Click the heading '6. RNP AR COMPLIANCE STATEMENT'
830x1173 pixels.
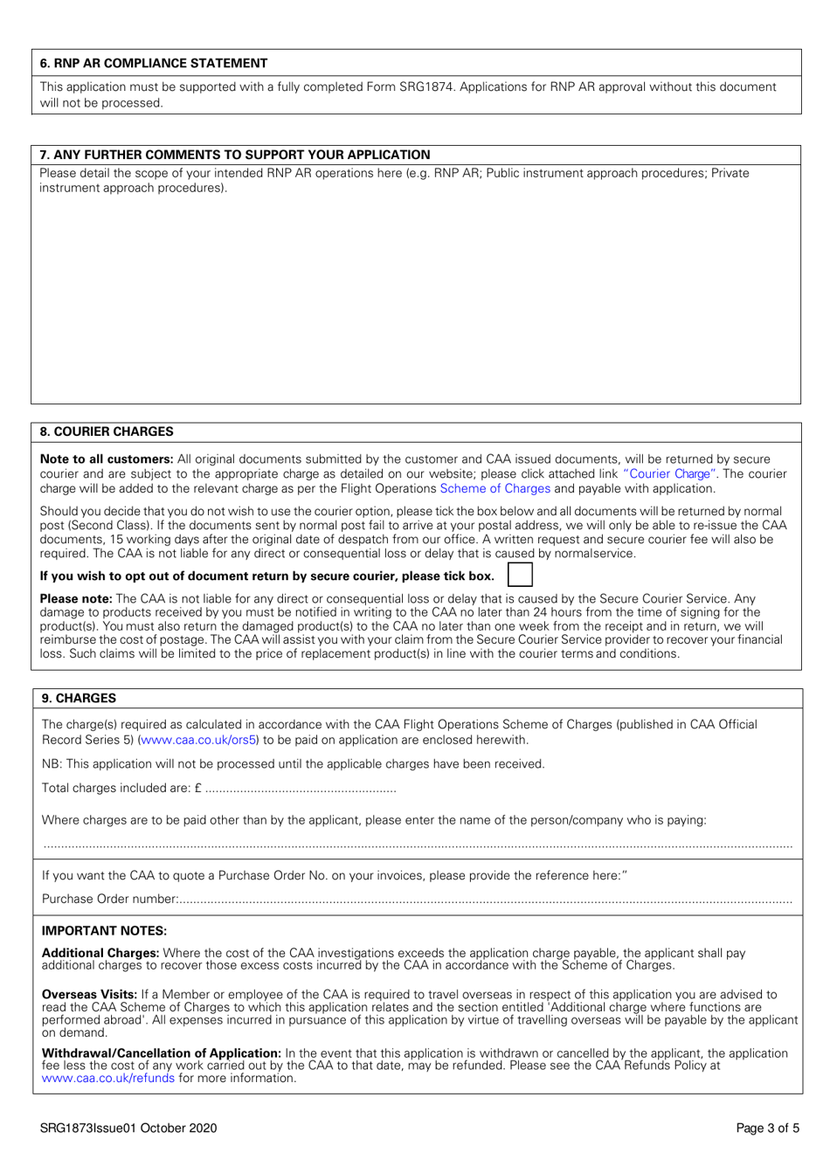tap(154, 63)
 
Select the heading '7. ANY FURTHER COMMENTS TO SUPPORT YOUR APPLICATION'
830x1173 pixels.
tap(235, 155)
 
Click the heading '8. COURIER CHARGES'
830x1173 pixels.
tap(107, 431)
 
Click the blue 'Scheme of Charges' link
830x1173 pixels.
tap(495, 489)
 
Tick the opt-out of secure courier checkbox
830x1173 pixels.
tap(520, 575)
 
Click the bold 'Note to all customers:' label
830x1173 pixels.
tap(107, 459)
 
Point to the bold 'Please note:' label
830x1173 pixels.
tap(76, 599)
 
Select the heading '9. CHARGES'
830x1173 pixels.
tap(79, 698)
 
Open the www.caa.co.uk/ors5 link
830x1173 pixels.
tap(198, 740)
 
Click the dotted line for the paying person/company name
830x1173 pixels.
tap(418, 845)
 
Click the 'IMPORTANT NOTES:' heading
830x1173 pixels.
tap(104, 931)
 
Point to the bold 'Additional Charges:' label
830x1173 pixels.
tap(100, 953)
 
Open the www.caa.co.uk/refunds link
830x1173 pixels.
tap(108, 1079)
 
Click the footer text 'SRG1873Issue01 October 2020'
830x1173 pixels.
tap(128, 1128)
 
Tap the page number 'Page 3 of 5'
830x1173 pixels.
tap(767, 1128)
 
